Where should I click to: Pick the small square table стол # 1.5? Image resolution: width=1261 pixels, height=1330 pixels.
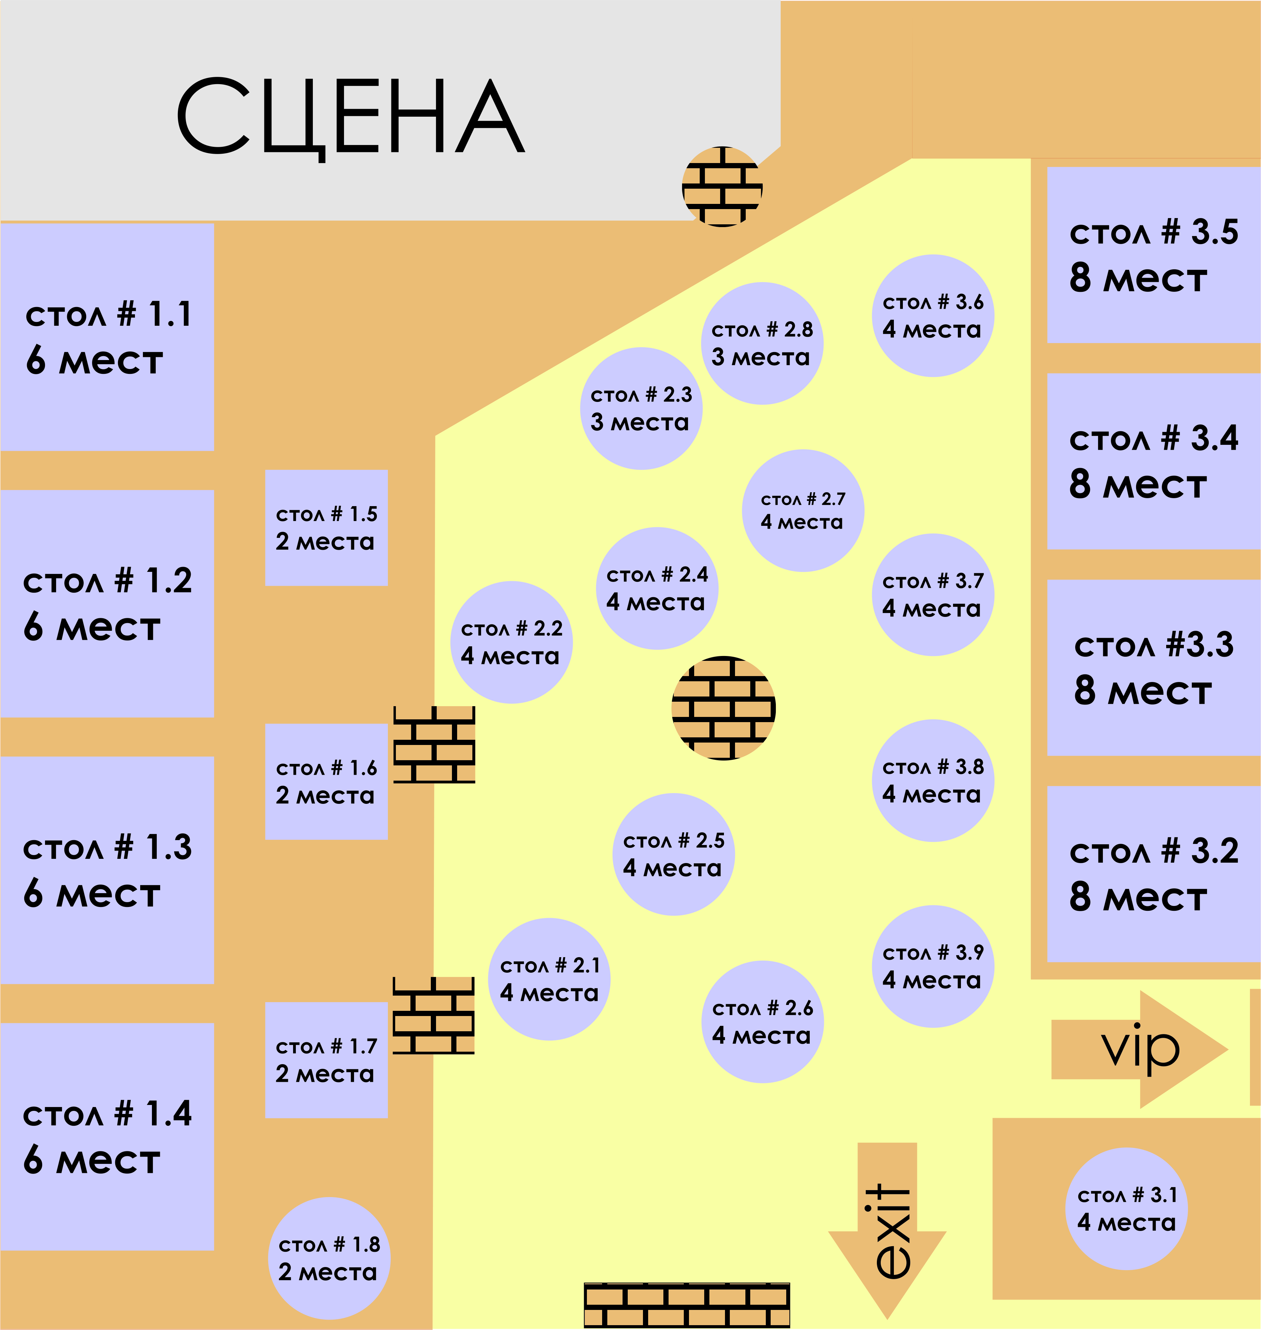pos(327,528)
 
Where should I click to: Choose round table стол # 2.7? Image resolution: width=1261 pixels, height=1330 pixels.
pos(803,510)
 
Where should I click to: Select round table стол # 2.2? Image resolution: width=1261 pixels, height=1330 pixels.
pos(511,642)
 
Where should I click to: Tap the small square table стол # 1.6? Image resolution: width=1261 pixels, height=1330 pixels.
pos(327,781)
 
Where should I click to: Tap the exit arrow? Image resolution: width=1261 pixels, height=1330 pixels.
pos(887,1231)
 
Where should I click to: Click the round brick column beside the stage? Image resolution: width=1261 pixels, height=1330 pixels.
pos(723,186)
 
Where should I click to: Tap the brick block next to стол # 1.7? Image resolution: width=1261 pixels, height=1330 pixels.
pos(434,1015)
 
